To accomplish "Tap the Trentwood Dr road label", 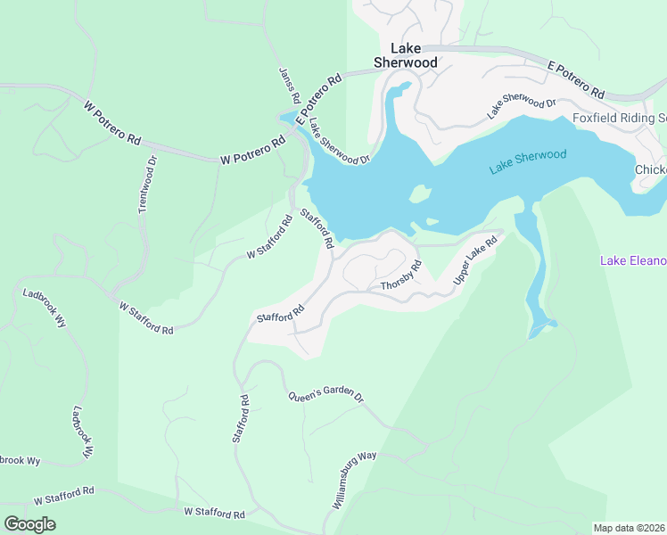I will point(147,185).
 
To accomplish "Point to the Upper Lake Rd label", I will point(473,260).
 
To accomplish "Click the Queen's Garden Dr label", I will point(326,398).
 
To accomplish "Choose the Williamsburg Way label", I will point(355,481).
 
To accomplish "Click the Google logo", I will point(29,524).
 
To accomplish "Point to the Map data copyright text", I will point(630,528).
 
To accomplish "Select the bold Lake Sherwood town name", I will point(405,55).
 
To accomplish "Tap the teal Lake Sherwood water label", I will point(528,161).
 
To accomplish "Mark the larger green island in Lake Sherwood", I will point(419,193).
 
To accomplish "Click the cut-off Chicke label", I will point(650,170).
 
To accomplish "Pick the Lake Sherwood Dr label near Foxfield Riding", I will point(522,108).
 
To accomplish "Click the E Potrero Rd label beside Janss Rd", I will point(320,97).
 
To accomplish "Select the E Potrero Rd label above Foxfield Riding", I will point(576,80).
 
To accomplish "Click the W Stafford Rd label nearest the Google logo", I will point(64,495).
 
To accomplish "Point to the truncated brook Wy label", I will point(21,460).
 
